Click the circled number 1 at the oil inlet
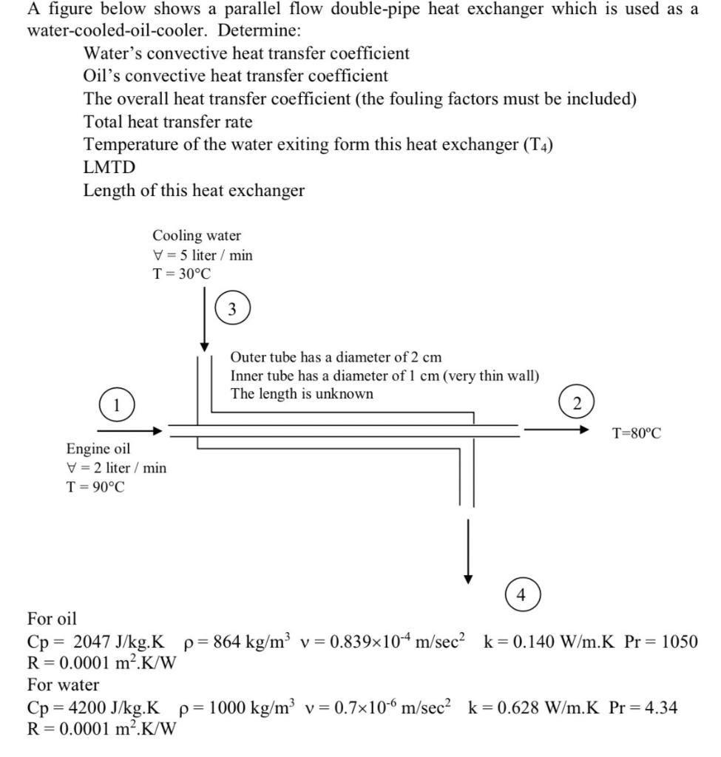pyautogui.click(x=115, y=406)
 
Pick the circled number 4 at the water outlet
pyautogui.click(x=523, y=594)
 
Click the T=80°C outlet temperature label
pyautogui.click(x=637, y=432)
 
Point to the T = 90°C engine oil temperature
pyautogui.click(x=96, y=486)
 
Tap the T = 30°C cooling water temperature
pyautogui.click(x=182, y=274)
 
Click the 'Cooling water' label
pyautogui.click(x=197, y=236)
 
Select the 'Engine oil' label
pyautogui.click(x=98, y=449)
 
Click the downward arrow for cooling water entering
pyautogui.click(x=204, y=318)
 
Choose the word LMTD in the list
pyautogui.click(x=109, y=167)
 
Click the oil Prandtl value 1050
pyautogui.click(x=679, y=642)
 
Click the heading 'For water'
pyautogui.click(x=63, y=685)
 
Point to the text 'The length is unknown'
pyautogui.click(x=302, y=394)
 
